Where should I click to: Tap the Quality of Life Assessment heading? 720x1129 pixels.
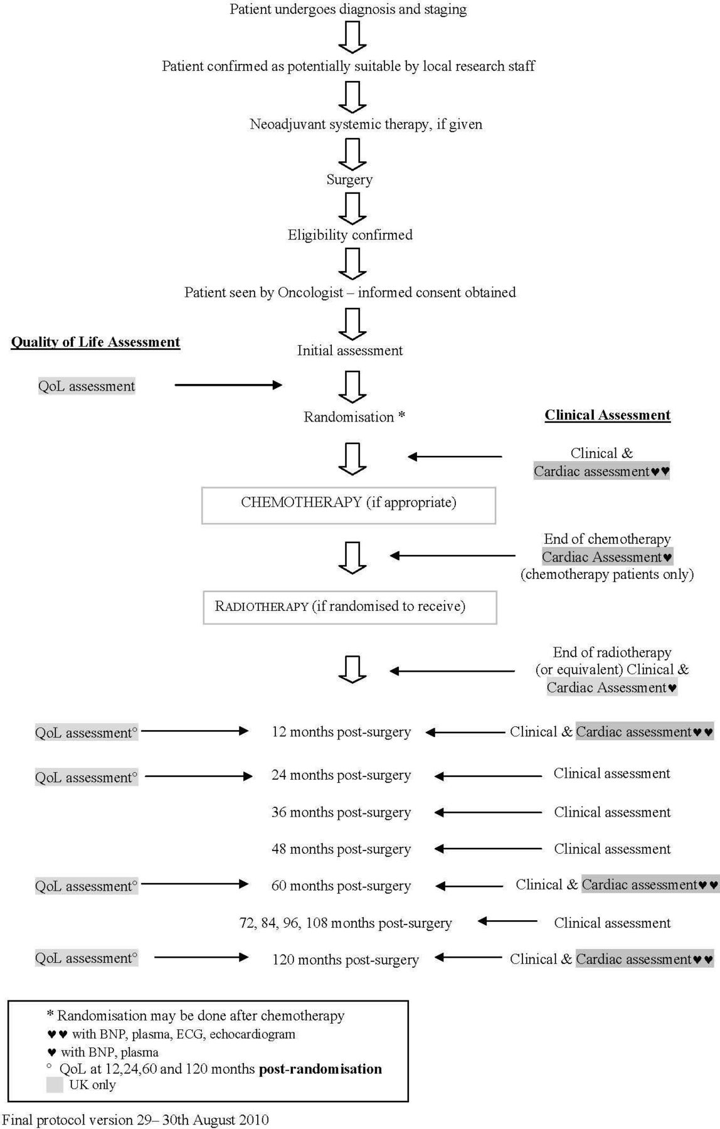point(95,342)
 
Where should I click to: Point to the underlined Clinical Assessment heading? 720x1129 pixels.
point(607,415)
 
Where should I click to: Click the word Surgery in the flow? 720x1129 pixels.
point(349,180)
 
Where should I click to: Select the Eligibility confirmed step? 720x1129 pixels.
point(350,235)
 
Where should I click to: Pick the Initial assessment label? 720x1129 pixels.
point(350,351)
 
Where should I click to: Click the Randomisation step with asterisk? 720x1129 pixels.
point(354,417)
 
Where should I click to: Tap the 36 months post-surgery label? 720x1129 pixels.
point(341,813)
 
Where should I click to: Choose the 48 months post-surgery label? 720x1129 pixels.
point(341,849)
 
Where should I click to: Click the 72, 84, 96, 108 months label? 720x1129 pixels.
point(346,923)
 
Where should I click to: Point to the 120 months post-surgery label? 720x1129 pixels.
point(346,960)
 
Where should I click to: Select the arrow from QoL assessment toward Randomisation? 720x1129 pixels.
point(228,385)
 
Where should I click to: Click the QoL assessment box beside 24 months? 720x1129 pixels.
point(87,778)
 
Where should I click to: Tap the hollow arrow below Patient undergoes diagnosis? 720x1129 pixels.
point(352,37)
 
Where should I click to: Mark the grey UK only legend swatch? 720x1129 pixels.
point(55,1085)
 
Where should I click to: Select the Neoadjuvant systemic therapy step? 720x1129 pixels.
point(366,124)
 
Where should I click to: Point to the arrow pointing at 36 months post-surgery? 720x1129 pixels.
point(488,812)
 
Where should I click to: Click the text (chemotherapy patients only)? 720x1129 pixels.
point(607,575)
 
